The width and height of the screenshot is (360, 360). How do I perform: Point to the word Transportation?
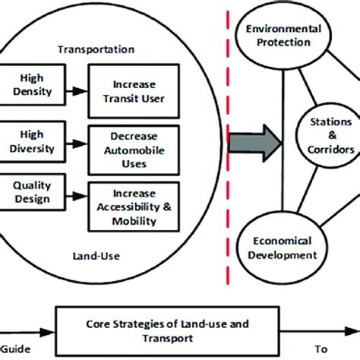point(97,49)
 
